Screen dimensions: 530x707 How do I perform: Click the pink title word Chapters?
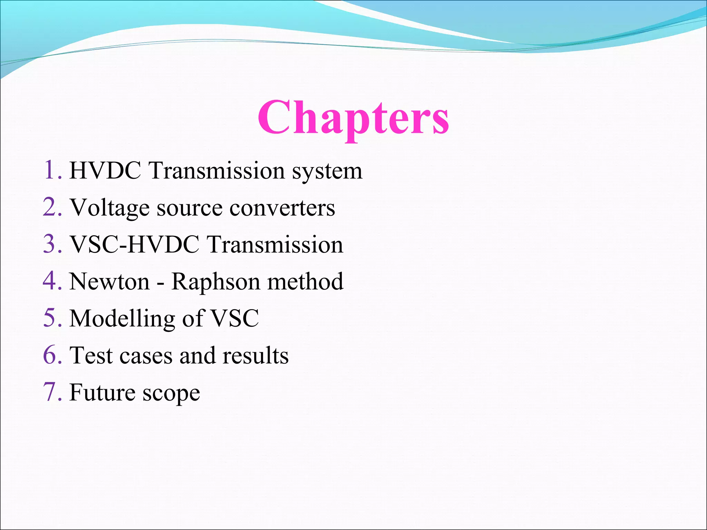353,117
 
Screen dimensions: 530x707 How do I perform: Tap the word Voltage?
110,208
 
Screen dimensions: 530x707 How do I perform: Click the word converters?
282,208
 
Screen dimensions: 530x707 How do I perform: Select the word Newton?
109,281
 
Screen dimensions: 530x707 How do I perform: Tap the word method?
305,281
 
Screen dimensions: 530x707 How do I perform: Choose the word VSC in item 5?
234,318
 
